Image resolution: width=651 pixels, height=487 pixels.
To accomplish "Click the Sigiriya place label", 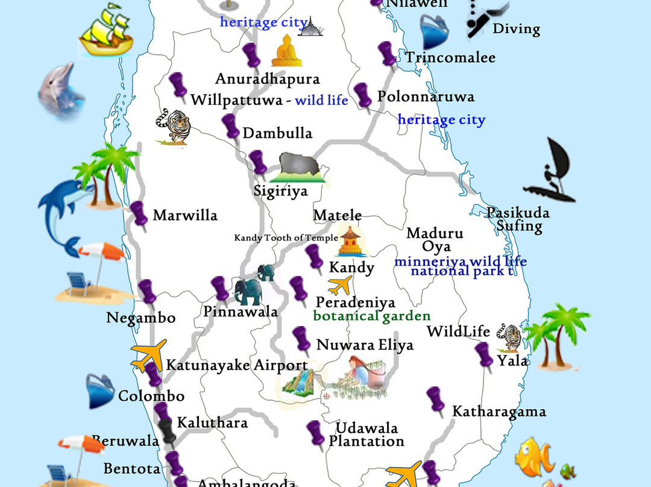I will (280, 192).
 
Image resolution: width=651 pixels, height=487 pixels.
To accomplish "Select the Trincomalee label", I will (450, 58).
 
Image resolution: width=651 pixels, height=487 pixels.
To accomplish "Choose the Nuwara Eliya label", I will (365, 345).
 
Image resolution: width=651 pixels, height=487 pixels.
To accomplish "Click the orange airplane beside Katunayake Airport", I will (148, 356).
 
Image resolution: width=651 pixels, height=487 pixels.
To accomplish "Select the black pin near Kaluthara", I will (168, 430).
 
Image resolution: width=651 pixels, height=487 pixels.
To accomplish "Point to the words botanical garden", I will (372, 316).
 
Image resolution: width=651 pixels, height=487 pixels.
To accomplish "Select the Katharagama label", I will (499, 412).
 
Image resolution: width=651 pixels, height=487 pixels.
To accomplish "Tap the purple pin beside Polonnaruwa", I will (363, 96).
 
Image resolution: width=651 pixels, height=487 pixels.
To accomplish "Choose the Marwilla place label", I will (185, 215).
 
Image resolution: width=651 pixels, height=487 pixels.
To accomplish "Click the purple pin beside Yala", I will (483, 356).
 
